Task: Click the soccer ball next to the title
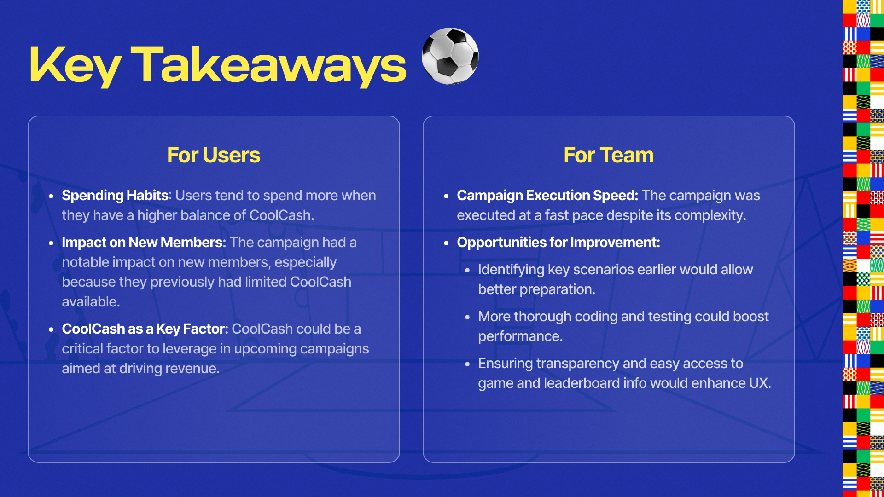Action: click(450, 56)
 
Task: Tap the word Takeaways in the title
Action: click(268, 65)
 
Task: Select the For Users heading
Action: click(214, 155)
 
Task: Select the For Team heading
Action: click(609, 155)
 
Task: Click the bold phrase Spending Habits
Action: click(115, 196)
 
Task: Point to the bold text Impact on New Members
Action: click(142, 243)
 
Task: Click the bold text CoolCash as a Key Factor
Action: click(145, 329)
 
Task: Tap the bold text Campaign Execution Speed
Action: click(547, 196)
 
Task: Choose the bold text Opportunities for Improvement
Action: click(558, 243)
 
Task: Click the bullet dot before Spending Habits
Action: click(51, 196)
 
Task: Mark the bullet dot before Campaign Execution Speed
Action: click(446, 196)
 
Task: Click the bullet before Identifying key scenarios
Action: click(467, 270)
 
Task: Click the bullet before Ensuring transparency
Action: click(467, 364)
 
